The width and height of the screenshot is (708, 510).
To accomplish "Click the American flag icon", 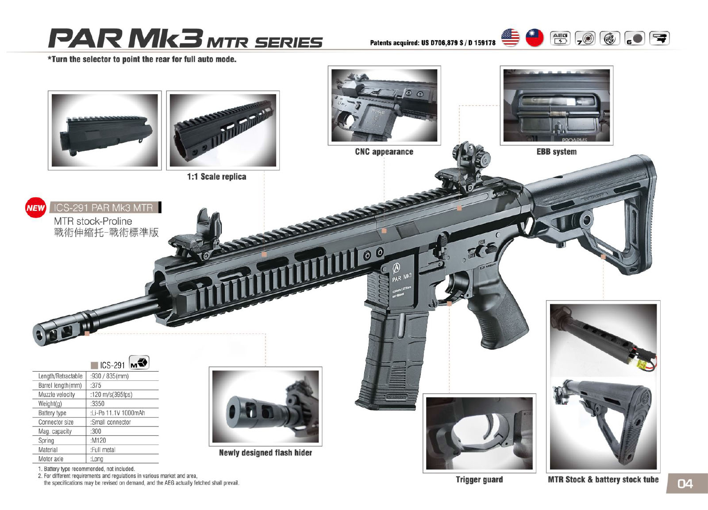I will tap(510, 38).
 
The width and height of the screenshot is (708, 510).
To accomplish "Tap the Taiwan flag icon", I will tap(534, 38).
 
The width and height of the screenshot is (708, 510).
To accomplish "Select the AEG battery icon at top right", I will tap(560, 38).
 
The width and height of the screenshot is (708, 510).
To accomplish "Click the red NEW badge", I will tap(35, 207).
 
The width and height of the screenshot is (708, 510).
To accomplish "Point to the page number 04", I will tap(685, 484).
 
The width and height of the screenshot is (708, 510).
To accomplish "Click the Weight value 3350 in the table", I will tap(98, 403).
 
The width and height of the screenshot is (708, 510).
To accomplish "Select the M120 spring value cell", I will tap(99, 441).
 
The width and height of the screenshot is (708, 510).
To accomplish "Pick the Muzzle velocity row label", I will tap(57, 395).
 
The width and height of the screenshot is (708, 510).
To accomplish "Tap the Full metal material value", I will tap(103, 450).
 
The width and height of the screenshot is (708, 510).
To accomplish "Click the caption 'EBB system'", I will tap(556, 152).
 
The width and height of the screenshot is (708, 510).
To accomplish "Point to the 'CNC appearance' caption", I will tap(384, 152).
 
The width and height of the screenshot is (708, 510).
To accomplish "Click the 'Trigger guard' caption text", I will tap(479, 479).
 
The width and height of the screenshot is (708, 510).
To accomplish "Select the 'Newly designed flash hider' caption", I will tap(265, 452).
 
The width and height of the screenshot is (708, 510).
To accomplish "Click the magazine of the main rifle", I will tap(389, 358).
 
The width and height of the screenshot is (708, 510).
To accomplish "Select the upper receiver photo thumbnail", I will tap(104, 130).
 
